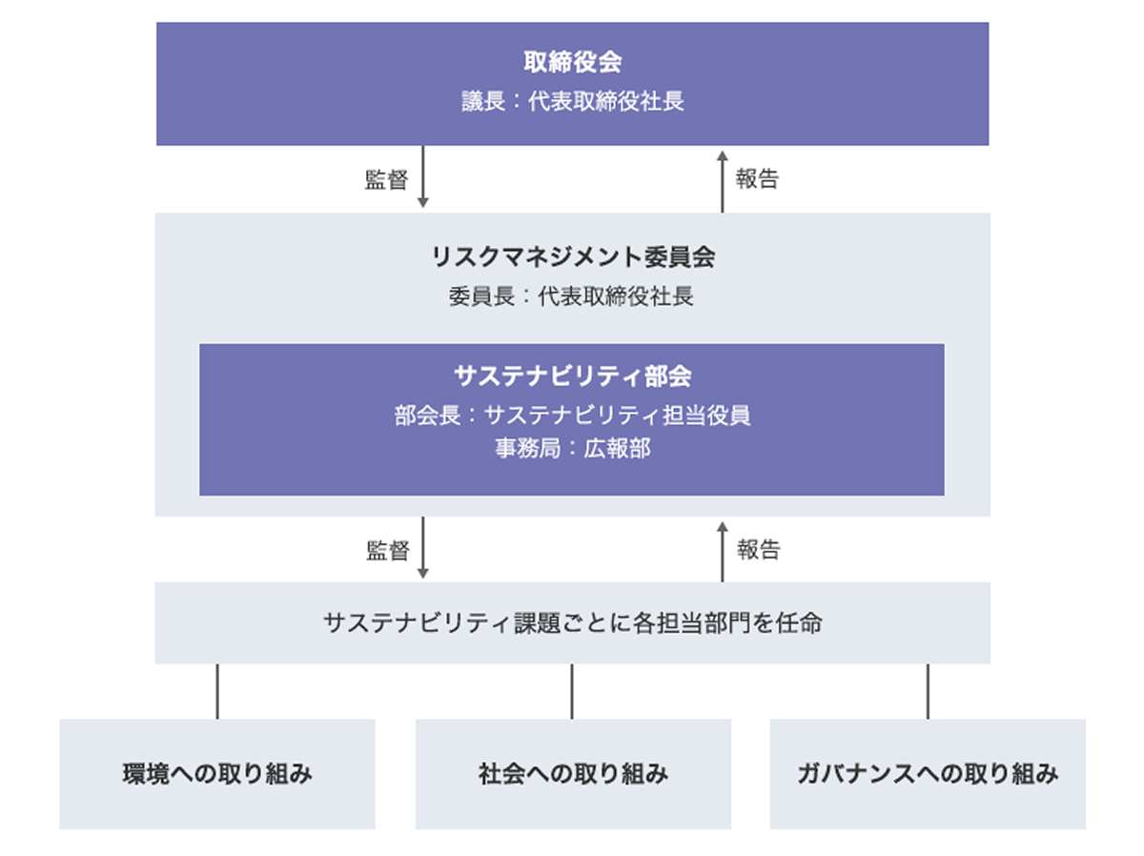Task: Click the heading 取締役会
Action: [572, 63]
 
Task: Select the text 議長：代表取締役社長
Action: [572, 101]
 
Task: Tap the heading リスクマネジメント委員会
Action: [572, 256]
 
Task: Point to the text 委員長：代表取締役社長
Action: [572, 296]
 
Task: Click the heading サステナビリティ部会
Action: [572, 376]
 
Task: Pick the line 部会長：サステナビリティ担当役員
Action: [572, 416]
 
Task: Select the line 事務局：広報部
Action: [572, 448]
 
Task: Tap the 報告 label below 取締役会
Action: [757, 179]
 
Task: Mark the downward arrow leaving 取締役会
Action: [423, 178]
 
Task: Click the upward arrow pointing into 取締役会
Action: [722, 179]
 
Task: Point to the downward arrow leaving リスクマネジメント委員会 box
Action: [423, 549]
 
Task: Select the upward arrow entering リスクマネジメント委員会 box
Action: [722, 550]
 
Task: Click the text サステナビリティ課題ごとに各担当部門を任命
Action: [572, 623]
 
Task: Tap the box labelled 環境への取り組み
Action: [217, 773]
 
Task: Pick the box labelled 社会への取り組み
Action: [573, 773]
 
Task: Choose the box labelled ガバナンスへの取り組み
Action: [928, 773]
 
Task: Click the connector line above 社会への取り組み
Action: [572, 691]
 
